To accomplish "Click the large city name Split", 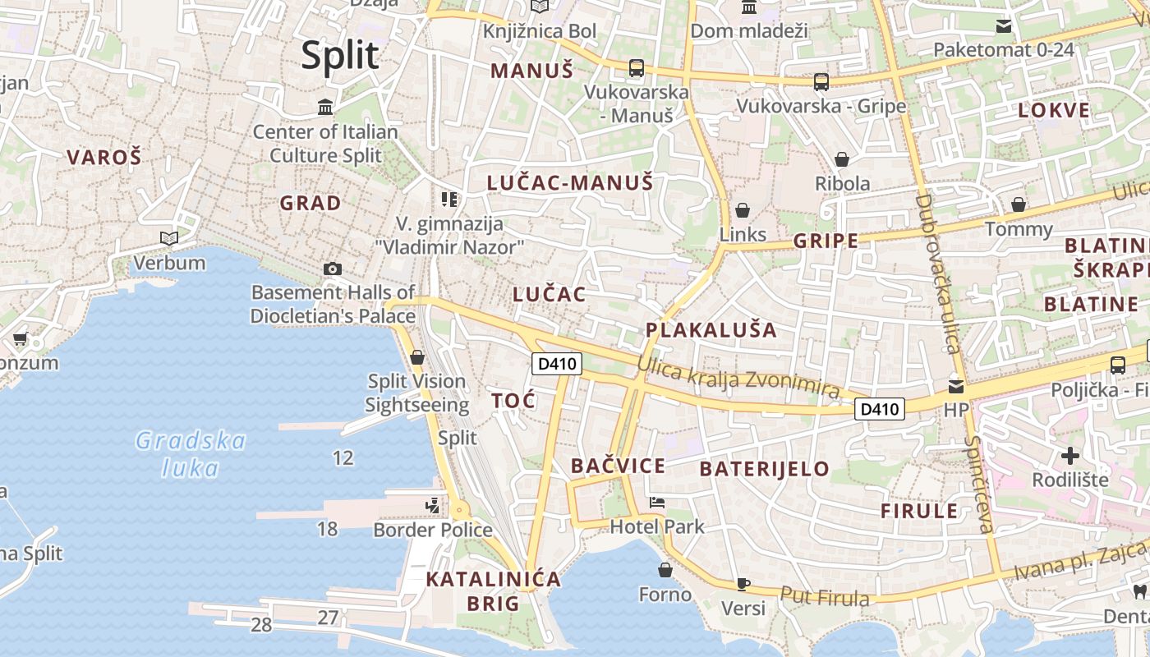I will (340, 56).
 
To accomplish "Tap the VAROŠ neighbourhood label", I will (104, 157).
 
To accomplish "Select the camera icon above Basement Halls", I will (333, 269).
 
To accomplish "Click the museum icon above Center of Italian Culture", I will (325, 108).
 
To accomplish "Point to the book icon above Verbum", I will (169, 239).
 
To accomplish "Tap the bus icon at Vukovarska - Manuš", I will (637, 68).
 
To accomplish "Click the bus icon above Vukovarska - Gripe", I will (821, 82).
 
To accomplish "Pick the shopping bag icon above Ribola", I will (842, 159).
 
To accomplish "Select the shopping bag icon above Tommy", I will (1019, 204).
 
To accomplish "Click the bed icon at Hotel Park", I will (657, 502).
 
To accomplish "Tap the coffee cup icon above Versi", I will (743, 584).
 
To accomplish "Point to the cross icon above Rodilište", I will (1069, 455).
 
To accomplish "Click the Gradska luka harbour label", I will (191, 454).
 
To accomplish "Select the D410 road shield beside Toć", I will (557, 364).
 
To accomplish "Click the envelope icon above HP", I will (956, 385).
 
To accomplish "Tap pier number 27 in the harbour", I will (328, 618).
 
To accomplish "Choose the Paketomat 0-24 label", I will (1003, 49).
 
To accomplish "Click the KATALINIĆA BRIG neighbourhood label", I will (494, 591).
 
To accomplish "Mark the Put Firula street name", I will (824, 596).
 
